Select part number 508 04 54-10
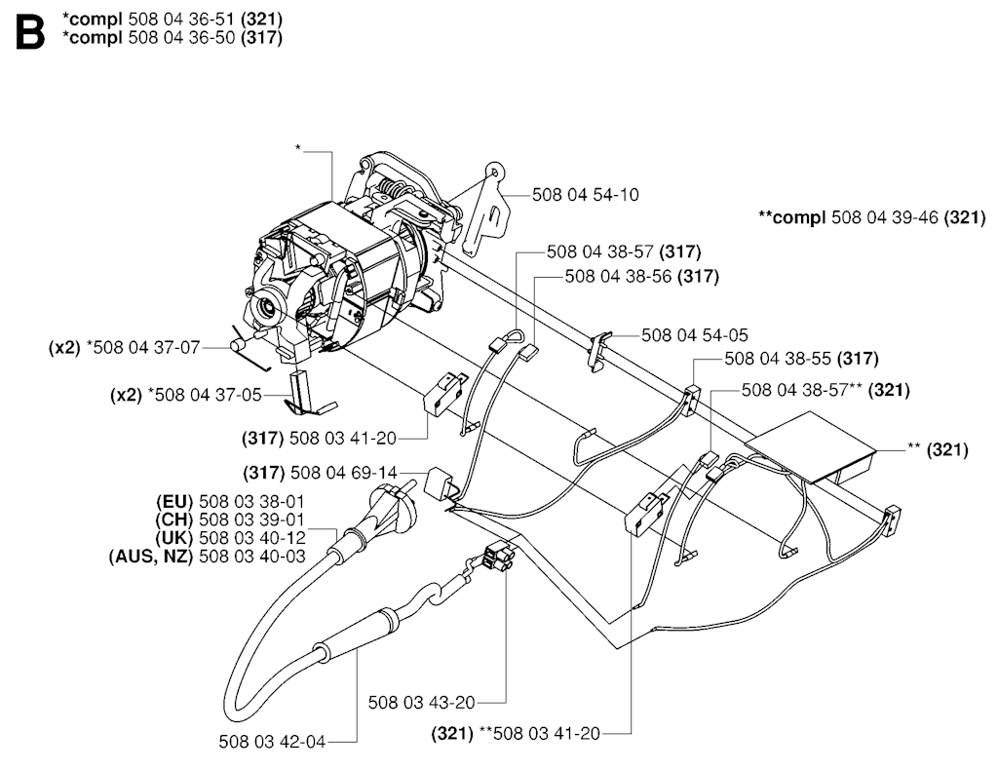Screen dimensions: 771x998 click(x=585, y=195)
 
